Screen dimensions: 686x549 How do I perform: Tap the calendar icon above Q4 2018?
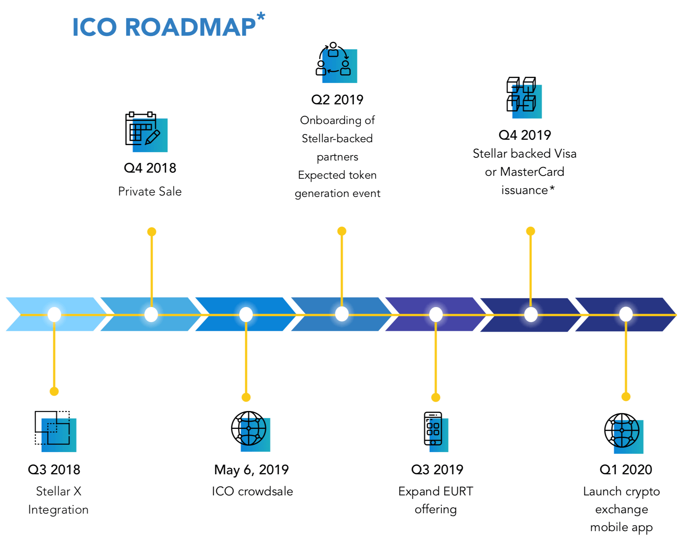pyautogui.click(x=146, y=132)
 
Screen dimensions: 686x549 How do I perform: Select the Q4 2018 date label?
pyautogui.click(x=150, y=168)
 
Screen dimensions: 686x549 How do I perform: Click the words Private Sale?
pyautogui.click(x=150, y=192)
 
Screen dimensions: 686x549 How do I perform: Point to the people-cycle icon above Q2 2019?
pyautogui.click(x=336, y=63)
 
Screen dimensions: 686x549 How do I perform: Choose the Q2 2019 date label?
pyautogui.click(x=337, y=100)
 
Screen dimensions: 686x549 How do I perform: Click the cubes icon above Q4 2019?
pyautogui.click(x=524, y=97)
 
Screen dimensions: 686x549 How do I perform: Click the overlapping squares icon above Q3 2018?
pyautogui.click(x=55, y=431)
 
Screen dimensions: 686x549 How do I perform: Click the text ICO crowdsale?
pyautogui.click(x=252, y=491)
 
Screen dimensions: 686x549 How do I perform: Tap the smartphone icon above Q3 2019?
pyautogui.click(x=436, y=432)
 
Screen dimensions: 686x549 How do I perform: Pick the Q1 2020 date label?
pyautogui.click(x=626, y=470)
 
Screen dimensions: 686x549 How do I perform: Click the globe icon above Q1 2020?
pyautogui.click(x=624, y=433)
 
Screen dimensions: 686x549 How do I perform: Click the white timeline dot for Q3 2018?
pyautogui.click(x=54, y=315)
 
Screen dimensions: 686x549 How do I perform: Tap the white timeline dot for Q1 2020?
pyautogui.click(x=626, y=315)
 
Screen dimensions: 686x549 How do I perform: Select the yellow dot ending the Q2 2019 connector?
pyautogui.click(x=342, y=231)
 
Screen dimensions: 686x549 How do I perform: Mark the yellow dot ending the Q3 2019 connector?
pyautogui.click(x=436, y=397)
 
